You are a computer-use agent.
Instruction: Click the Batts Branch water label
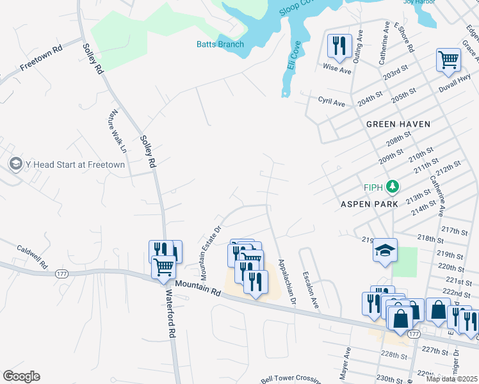[220, 44]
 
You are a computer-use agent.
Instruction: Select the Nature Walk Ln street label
[117, 132]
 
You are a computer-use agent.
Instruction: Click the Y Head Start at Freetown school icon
[15, 164]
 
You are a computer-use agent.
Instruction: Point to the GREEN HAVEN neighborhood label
[398, 124]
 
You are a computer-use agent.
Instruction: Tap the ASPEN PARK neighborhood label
[369, 204]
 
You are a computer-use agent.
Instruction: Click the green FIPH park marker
[393, 187]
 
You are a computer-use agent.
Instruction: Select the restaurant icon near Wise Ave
[339, 45]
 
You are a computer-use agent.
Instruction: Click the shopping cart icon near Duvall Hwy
[448, 60]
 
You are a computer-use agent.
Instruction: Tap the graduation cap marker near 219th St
[386, 250]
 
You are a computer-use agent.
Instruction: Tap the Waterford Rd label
[170, 313]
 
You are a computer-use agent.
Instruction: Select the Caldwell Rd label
[32, 256]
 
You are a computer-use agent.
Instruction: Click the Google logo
[21, 376]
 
